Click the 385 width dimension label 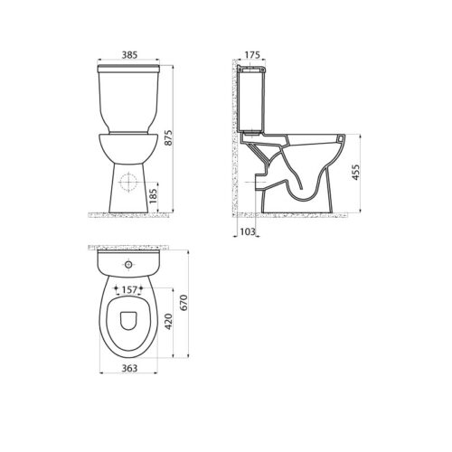[129, 55]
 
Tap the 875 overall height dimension [168, 137]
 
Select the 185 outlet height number [153, 196]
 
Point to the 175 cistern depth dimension [252, 55]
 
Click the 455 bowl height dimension [356, 173]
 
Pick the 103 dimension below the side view [248, 231]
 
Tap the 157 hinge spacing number [129, 289]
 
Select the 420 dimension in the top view [168, 322]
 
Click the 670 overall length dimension [184, 303]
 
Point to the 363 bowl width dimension [129, 368]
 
